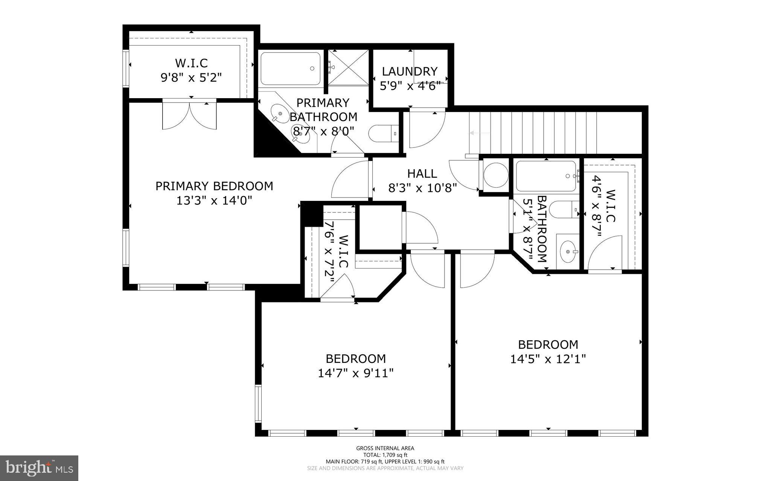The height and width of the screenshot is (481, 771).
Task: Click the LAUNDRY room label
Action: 410,71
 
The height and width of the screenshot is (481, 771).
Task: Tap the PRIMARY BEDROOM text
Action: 214,186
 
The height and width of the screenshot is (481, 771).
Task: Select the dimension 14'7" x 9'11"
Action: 356,373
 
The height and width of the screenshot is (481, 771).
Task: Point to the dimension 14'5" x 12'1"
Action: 548,359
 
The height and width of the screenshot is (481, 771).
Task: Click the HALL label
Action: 422,173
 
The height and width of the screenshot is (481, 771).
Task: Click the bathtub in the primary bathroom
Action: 290,69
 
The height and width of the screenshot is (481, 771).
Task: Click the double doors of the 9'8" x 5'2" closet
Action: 189,115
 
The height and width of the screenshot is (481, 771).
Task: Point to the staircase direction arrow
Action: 480,133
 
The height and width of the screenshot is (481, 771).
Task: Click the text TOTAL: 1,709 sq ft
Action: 385,455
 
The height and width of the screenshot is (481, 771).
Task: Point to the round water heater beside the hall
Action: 496,175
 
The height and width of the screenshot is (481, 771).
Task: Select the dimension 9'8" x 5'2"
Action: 191,77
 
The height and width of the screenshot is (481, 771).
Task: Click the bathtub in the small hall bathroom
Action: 545,176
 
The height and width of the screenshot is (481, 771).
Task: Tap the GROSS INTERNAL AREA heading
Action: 385,448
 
